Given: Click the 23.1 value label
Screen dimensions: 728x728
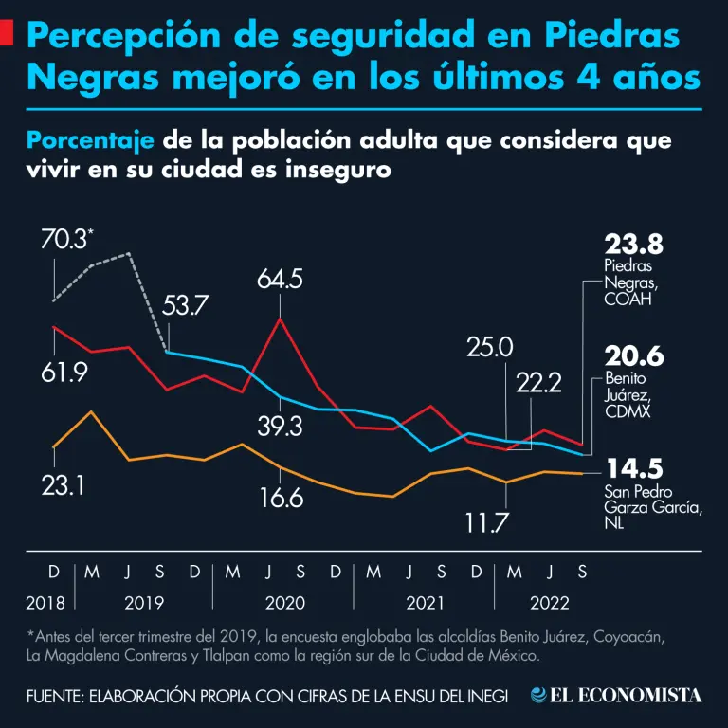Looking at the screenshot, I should click(64, 485).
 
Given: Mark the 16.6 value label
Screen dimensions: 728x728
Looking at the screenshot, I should click(281, 497).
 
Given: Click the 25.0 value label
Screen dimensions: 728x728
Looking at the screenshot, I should click(489, 347).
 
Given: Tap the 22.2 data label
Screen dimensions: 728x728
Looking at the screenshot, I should click(539, 382).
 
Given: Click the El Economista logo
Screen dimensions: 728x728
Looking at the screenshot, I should click(617, 696).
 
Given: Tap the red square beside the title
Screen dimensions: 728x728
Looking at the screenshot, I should click(6, 36).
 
